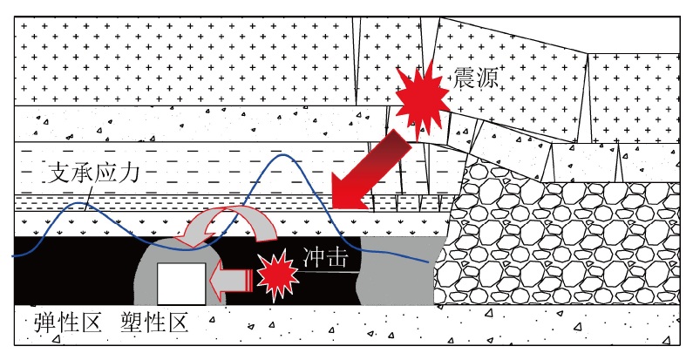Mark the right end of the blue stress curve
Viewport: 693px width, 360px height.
click(x=427, y=262)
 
